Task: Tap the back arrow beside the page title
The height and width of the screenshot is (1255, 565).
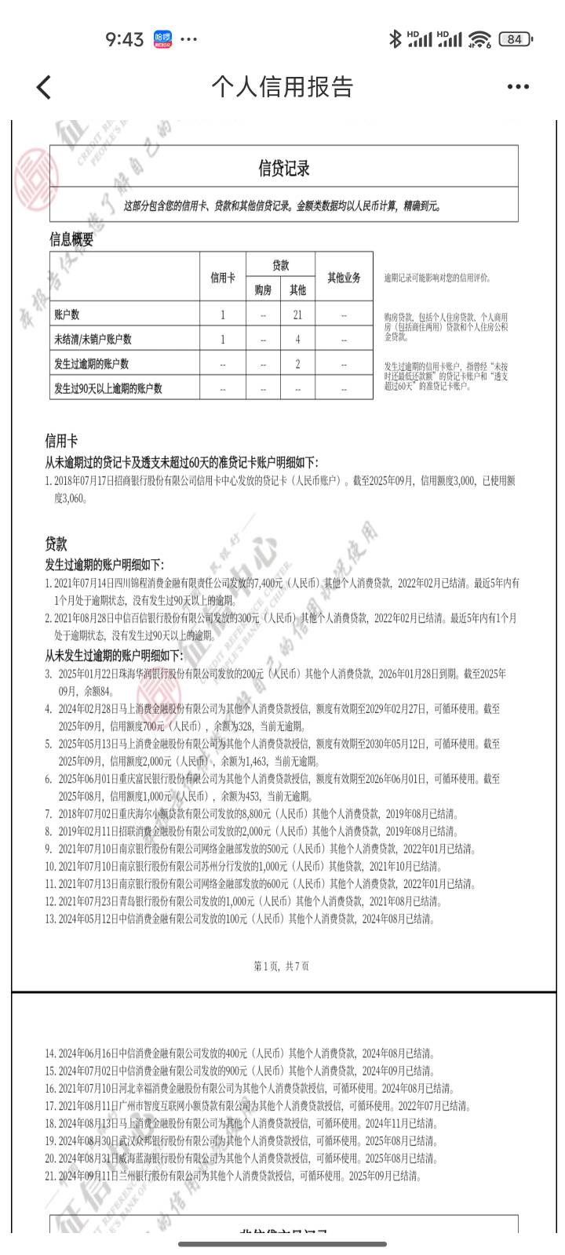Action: click(x=44, y=87)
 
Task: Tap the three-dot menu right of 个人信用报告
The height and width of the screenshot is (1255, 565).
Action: click(x=518, y=87)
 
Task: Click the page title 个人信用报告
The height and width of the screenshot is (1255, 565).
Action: click(x=282, y=87)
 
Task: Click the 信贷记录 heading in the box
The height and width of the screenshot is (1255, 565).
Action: click(x=284, y=168)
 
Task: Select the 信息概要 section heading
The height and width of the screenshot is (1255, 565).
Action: click(x=71, y=240)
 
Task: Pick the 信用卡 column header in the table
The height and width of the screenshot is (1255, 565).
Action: click(x=223, y=277)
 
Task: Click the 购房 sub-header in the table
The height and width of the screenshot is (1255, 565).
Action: click(x=263, y=290)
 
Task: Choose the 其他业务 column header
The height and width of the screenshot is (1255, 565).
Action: click(x=344, y=277)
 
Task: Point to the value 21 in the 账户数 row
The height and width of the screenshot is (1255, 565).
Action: click(x=297, y=315)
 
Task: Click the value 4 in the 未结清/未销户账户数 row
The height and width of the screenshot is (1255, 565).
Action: click(x=297, y=340)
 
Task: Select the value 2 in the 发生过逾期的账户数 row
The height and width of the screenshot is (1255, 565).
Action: click(x=297, y=364)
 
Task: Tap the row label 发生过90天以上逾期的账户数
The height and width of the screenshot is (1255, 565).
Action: click(x=108, y=388)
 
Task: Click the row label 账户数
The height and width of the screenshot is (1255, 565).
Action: click(x=67, y=315)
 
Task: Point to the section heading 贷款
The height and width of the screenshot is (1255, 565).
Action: click(x=56, y=544)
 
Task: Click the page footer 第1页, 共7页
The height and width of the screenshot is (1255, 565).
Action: click(x=282, y=966)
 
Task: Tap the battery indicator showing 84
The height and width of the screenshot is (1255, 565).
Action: click(x=516, y=39)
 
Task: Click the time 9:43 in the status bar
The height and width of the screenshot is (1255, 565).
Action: click(x=125, y=39)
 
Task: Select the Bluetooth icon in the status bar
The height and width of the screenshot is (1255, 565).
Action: click(x=395, y=39)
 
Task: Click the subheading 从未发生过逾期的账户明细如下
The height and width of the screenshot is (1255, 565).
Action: click(x=114, y=655)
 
